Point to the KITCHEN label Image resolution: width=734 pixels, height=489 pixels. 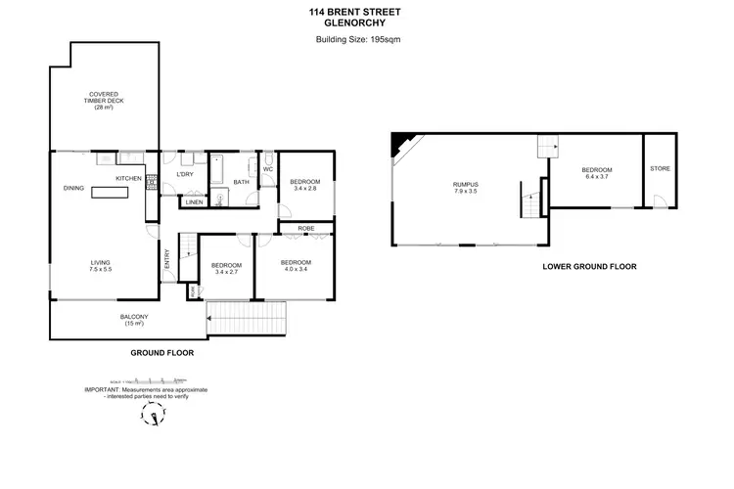(129, 178)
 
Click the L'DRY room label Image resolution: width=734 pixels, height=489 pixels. (184, 175)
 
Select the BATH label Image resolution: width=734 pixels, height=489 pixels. (240, 181)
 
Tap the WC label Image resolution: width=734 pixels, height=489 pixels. (267, 168)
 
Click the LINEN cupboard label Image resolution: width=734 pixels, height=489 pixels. (194, 202)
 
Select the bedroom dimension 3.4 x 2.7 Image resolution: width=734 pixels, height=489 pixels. (228, 271)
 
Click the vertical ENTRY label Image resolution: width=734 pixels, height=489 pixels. (167, 257)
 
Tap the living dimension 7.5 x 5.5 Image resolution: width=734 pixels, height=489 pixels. (102, 268)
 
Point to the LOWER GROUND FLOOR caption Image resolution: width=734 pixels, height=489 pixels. (589, 266)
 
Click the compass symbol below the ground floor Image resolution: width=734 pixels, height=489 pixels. (151, 417)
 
